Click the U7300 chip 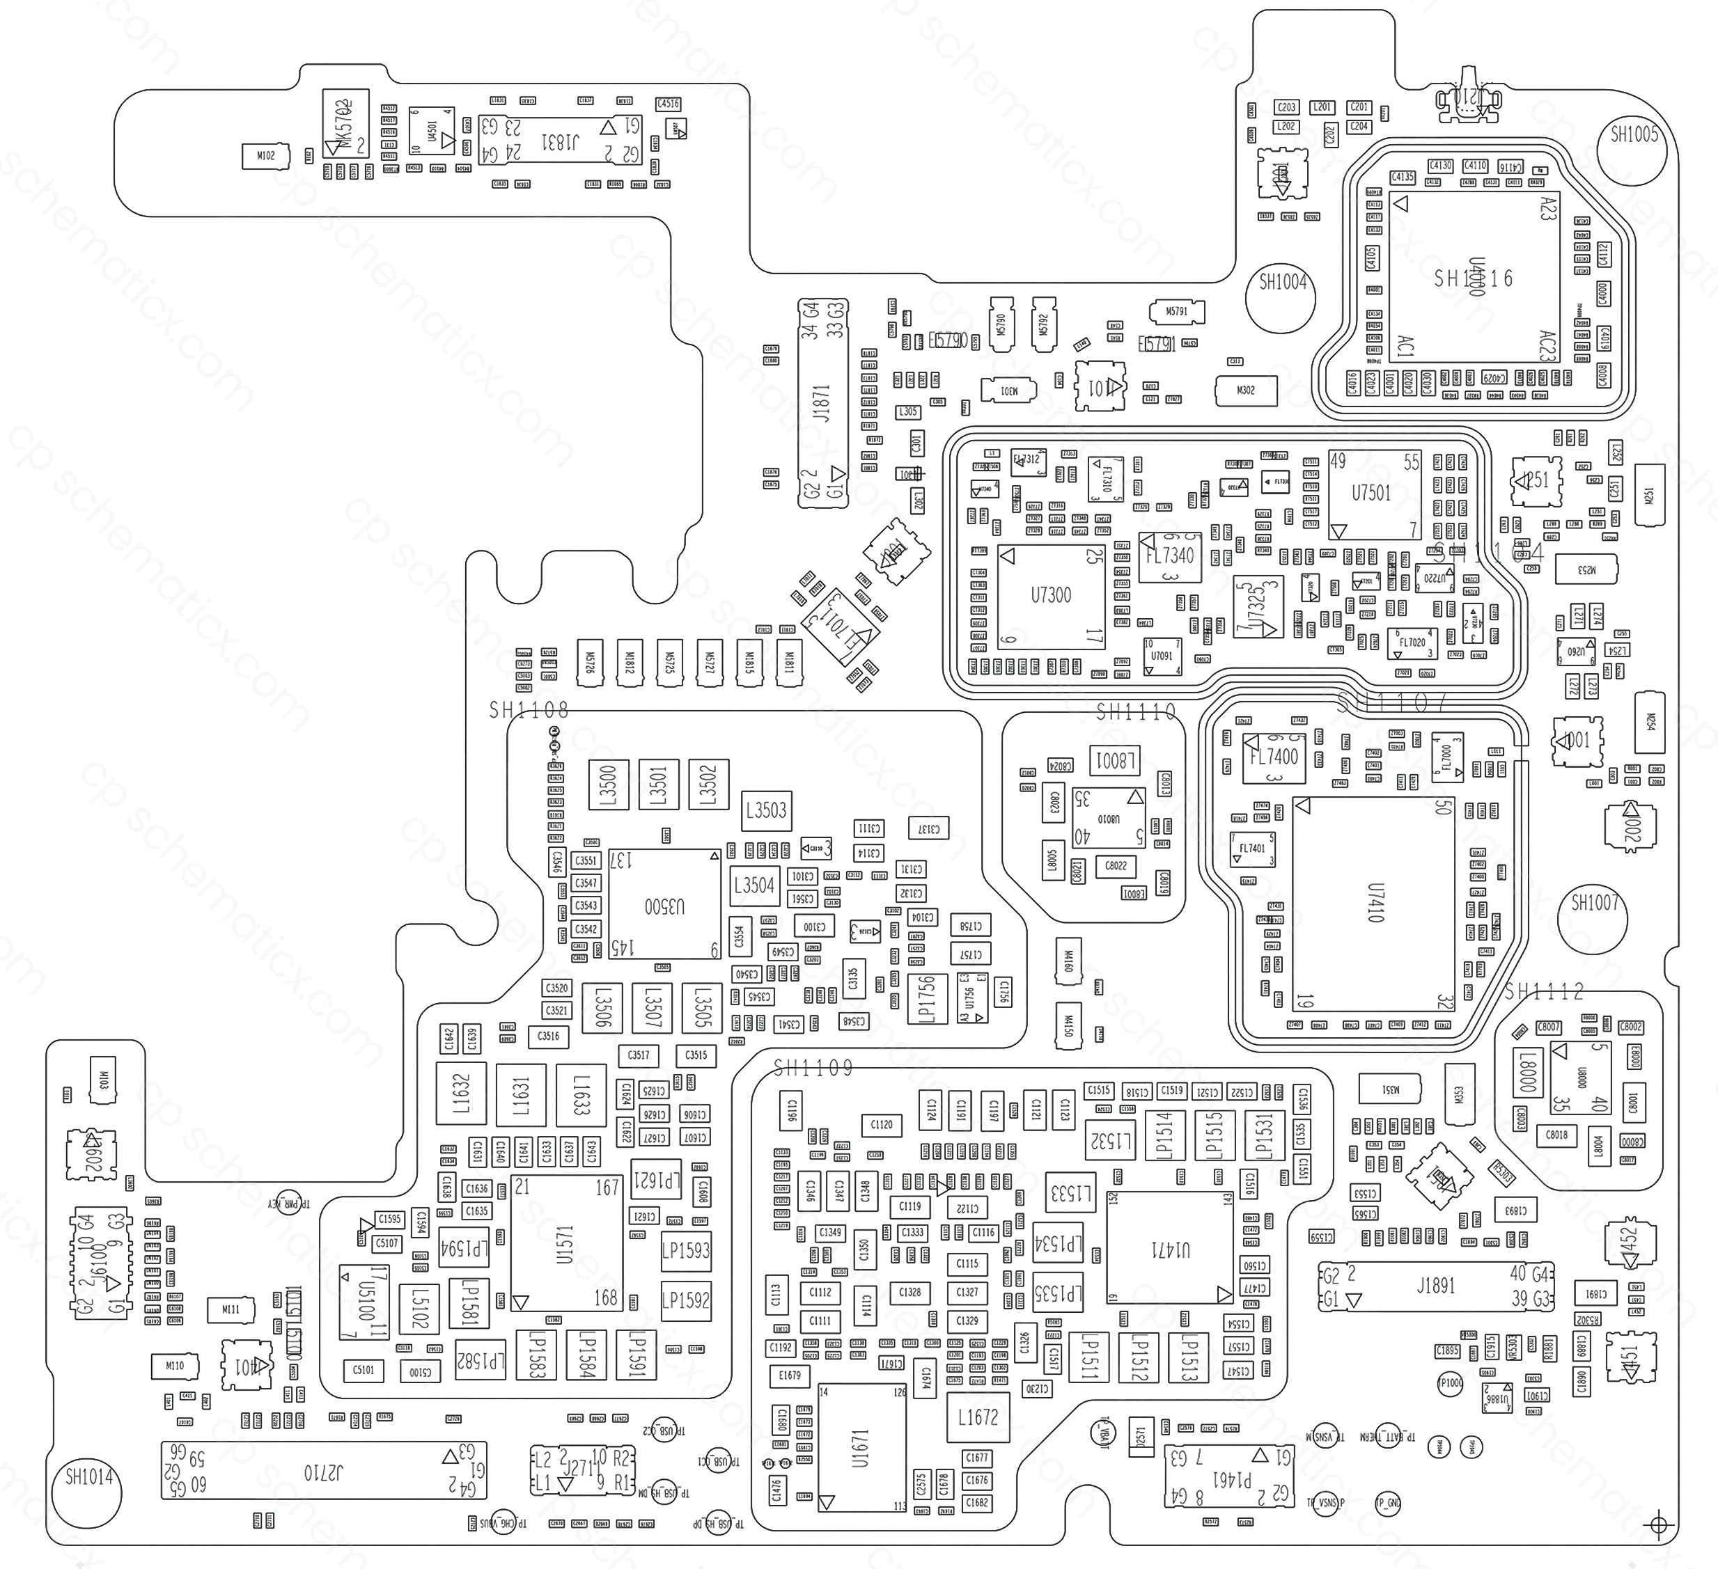[1051, 597]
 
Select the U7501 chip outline [1374, 494]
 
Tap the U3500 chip [664, 905]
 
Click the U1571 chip [566, 1244]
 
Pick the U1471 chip [1170, 1249]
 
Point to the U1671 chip [861, 1448]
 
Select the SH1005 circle [1633, 148]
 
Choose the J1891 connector [1435, 1286]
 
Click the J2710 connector [324, 1470]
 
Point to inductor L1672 [978, 1417]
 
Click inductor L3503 [766, 810]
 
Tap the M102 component [265, 156]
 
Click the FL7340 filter [1170, 557]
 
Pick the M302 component [1245, 390]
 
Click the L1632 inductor [461, 1094]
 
